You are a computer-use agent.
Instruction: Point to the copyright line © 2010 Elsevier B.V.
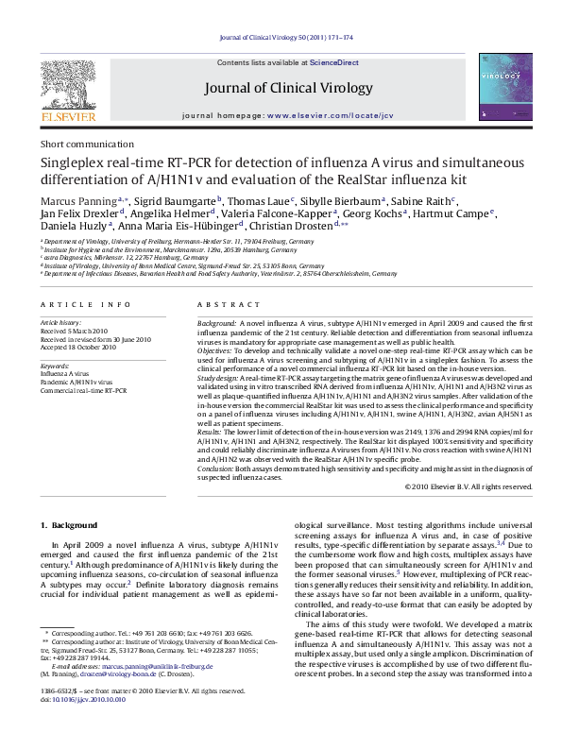click(468, 486)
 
